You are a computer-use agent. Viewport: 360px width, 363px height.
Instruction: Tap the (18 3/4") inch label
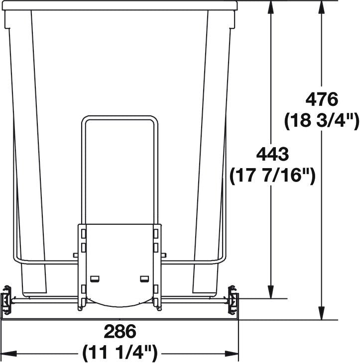click(322, 120)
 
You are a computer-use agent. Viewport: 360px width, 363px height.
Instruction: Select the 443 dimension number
click(272, 155)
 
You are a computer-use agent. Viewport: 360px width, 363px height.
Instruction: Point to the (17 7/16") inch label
click(272, 176)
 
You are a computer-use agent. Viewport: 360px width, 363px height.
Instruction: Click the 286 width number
click(120, 331)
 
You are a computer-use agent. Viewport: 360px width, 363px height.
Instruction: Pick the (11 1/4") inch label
click(120, 353)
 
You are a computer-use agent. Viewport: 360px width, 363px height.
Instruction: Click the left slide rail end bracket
click(7, 300)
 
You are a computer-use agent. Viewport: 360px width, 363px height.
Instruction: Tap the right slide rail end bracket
click(233, 300)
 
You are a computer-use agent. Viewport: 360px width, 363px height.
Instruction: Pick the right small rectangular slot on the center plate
click(144, 278)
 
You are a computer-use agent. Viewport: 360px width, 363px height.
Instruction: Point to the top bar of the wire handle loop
click(120, 118)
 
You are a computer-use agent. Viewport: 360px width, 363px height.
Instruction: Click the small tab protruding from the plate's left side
click(75, 255)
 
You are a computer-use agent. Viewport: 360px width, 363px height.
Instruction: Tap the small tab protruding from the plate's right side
click(163, 255)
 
